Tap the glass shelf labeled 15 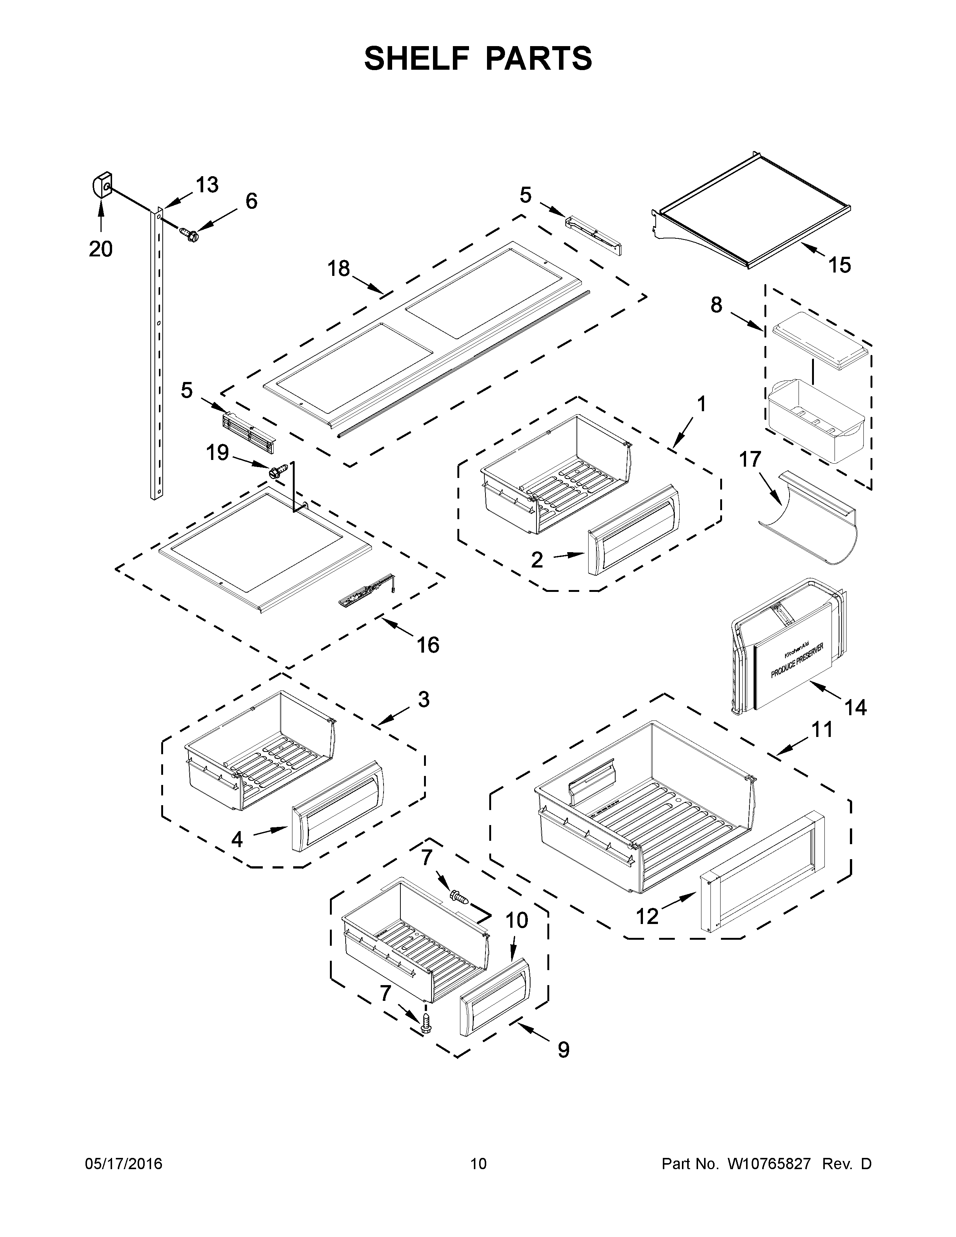coord(753,215)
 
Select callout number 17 coord(750,459)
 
